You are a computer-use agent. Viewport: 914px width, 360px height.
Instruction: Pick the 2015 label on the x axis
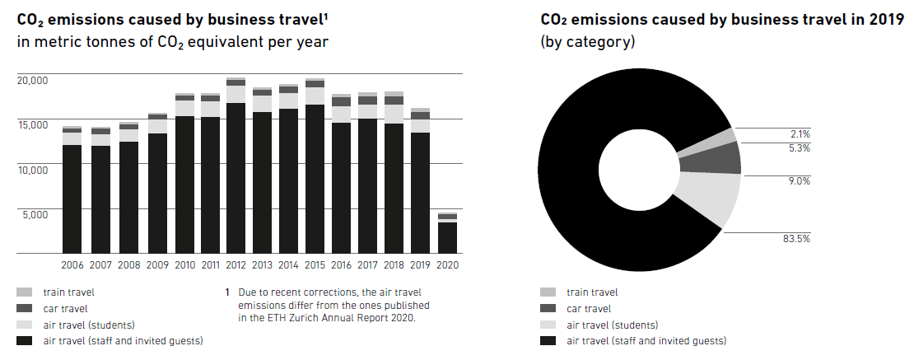click(315, 265)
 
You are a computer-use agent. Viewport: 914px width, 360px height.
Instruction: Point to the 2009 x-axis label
click(157, 265)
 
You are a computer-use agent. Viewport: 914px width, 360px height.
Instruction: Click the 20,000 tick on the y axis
click(33, 81)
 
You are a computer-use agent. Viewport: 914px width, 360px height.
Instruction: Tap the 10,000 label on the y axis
click(33, 169)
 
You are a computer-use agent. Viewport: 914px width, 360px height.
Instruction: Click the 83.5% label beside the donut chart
click(796, 239)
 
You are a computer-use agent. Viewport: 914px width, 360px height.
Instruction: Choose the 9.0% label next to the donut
click(800, 181)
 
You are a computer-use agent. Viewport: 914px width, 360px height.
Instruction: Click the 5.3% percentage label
click(800, 148)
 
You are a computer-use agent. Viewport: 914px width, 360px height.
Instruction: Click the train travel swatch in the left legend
click(25, 292)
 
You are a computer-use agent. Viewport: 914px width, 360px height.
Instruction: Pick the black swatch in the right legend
click(548, 341)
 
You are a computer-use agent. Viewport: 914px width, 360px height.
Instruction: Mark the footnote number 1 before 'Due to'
click(226, 292)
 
